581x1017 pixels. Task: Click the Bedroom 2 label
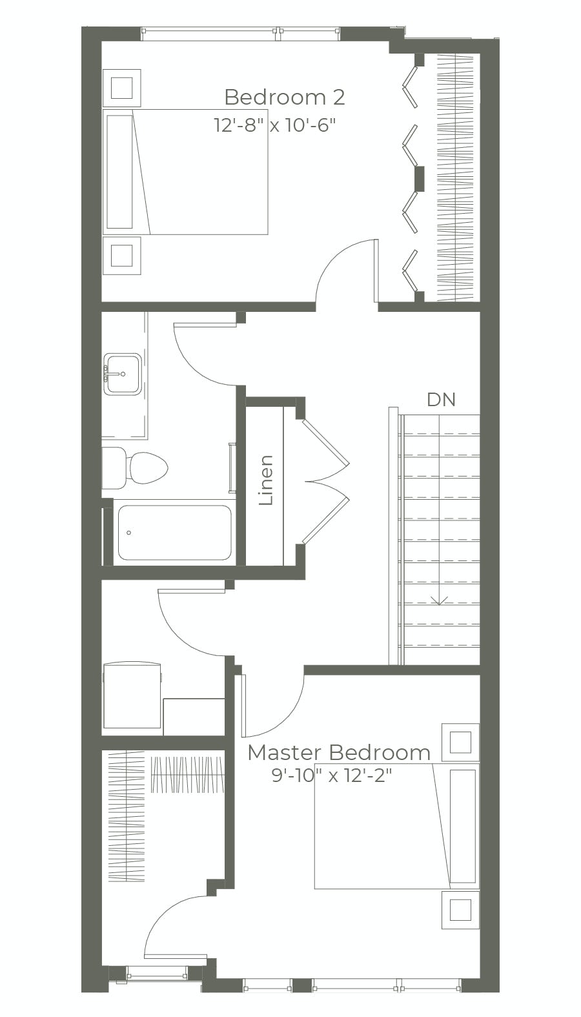tap(284, 98)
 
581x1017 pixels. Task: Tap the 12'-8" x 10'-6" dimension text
tap(275, 125)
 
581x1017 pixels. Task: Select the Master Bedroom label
tap(339, 753)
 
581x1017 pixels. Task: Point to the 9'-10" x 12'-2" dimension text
tap(332, 775)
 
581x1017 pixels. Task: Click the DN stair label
tap(441, 400)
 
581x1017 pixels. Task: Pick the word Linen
tap(266, 480)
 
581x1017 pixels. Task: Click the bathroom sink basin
tap(123, 374)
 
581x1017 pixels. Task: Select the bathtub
tap(174, 533)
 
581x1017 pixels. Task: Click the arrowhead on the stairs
tap(440, 602)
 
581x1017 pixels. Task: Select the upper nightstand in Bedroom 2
tap(122, 87)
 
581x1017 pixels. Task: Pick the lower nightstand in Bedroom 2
tap(122, 255)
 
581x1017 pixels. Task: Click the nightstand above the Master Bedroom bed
tap(460, 742)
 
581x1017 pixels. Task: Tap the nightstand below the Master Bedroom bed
tap(460, 910)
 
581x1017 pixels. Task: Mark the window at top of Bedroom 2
tap(240, 34)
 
